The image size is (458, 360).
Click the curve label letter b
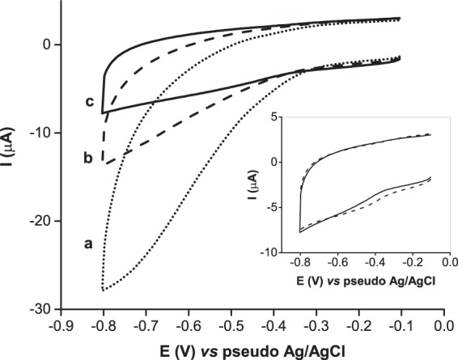pyautogui.click(x=87, y=157)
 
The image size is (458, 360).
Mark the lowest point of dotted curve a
pyautogui.click(x=103, y=289)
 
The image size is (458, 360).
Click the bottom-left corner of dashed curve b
pyautogui.click(x=103, y=163)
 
